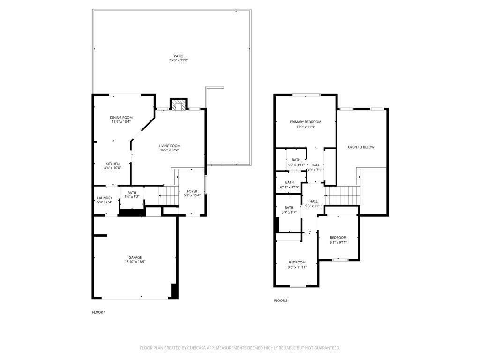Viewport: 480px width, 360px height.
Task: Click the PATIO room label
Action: pyautogui.click(x=179, y=56)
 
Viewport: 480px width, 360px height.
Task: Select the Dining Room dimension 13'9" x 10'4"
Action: pyautogui.click(x=121, y=122)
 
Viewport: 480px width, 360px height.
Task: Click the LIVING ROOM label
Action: pyautogui.click(x=169, y=146)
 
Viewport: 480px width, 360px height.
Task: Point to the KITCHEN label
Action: pyautogui.click(x=112, y=164)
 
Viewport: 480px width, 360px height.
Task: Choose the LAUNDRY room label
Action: pyautogui.click(x=105, y=198)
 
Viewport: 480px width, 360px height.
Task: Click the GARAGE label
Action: pyautogui.click(x=135, y=257)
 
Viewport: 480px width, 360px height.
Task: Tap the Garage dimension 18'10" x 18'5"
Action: pyautogui.click(x=135, y=262)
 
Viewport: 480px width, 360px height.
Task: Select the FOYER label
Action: pyautogui.click(x=192, y=191)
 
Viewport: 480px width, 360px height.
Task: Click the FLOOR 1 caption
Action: pyautogui.click(x=98, y=312)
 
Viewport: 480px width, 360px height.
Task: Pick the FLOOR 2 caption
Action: pyautogui.click(x=280, y=300)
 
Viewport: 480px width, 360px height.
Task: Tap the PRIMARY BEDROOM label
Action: pyautogui.click(x=305, y=122)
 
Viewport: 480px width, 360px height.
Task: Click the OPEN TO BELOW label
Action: pyautogui.click(x=361, y=147)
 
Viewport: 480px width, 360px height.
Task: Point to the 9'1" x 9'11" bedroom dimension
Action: pyautogui.click(x=338, y=242)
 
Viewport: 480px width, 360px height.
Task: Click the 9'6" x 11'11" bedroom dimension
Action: pyautogui.click(x=297, y=267)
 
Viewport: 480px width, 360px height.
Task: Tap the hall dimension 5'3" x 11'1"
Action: pyautogui.click(x=314, y=206)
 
